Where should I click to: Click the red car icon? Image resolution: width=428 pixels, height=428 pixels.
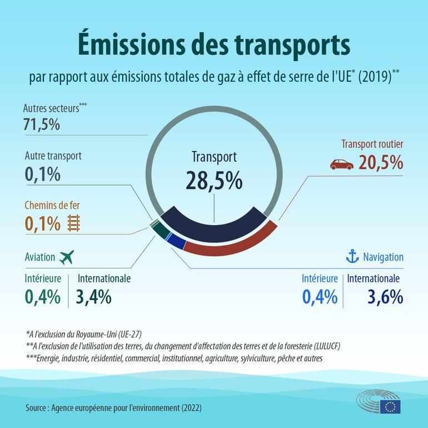point(341,164)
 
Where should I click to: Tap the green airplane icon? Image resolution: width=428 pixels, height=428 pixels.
point(66,257)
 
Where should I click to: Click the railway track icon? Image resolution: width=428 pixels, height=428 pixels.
point(73,223)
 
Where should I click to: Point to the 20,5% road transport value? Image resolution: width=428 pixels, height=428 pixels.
point(381,163)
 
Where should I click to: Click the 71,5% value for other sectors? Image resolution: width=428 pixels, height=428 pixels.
point(42,124)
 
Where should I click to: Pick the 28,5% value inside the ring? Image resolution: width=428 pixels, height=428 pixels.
point(214,181)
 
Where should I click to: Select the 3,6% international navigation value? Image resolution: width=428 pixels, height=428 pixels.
point(385,297)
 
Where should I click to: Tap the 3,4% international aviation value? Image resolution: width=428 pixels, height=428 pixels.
point(93,297)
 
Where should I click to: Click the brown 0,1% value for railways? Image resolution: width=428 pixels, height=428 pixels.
point(42,223)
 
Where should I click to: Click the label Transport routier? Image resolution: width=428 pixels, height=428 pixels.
point(372,145)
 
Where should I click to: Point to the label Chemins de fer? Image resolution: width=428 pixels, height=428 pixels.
point(52,205)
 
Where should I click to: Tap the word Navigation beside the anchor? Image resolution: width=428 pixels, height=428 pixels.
point(383,257)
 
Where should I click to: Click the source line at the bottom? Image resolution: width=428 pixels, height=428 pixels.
point(113,407)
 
